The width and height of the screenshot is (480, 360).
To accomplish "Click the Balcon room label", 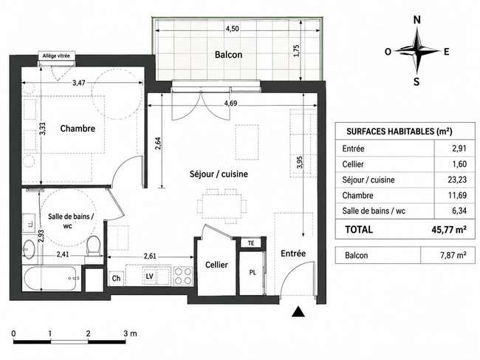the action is coord(228,55).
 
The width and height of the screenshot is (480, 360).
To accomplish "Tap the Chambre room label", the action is coord(78,128).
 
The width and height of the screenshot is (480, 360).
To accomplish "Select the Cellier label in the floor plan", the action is coord(216,265).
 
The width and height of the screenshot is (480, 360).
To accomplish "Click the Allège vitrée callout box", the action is coord(56,55).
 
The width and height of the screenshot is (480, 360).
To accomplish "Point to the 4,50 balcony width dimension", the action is coord(232,29).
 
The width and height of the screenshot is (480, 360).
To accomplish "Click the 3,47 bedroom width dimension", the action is coord(79,82).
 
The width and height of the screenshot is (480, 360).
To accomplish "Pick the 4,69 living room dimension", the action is coord(230,103).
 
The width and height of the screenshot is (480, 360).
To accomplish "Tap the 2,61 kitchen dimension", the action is coord(150,256).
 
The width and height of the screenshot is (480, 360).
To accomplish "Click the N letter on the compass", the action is coord(417,20).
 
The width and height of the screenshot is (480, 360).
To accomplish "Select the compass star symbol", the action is coord(417,50).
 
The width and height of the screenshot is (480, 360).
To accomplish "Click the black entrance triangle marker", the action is coord(298,312).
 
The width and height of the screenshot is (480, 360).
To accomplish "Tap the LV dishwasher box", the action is coord(149,276).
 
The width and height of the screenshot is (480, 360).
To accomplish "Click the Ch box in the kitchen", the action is coord(116,278).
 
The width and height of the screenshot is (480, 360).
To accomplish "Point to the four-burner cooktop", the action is coord(182,276).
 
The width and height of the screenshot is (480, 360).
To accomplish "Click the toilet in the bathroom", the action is coord(93,247).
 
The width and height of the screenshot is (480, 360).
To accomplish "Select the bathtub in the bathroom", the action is coord(49,278).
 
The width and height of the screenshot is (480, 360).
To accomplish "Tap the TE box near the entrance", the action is coord(251,243).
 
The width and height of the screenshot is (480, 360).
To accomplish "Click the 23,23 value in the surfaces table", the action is coord(457,180).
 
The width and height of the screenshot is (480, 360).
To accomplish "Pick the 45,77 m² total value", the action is coord(449,229).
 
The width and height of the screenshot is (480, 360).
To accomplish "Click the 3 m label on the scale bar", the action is coord(130,333).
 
